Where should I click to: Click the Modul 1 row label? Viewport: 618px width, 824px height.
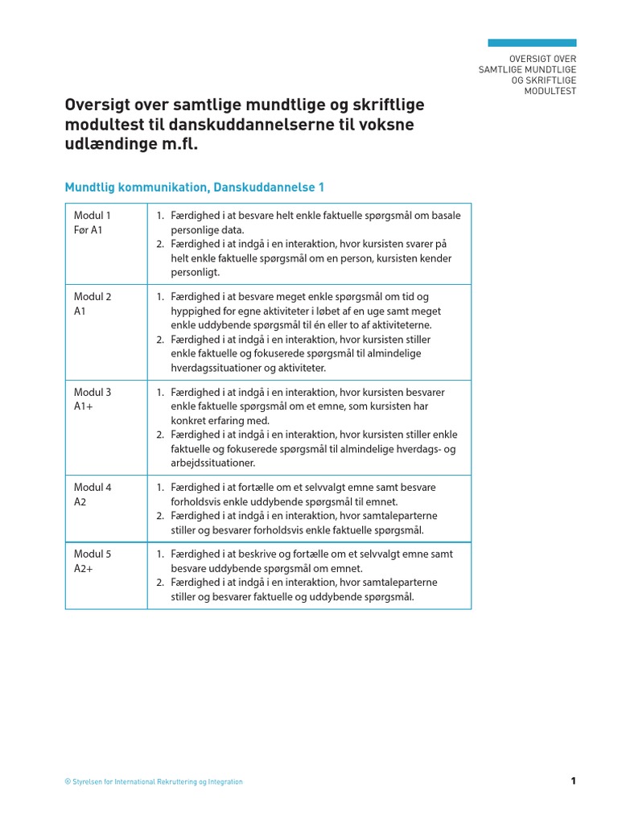[93, 215]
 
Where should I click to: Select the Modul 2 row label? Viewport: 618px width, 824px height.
[93, 296]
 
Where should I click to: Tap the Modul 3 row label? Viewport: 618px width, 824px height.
[93, 392]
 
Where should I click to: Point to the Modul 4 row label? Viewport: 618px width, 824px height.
[93, 487]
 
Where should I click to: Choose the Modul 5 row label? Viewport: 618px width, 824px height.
[93, 554]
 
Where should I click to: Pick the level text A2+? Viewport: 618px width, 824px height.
[84, 568]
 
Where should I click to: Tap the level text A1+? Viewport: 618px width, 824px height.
[84, 406]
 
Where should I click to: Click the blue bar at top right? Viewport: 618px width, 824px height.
[532, 43]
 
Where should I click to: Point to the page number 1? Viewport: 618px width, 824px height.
[573, 781]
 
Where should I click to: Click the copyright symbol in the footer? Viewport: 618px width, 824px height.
[67, 781]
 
